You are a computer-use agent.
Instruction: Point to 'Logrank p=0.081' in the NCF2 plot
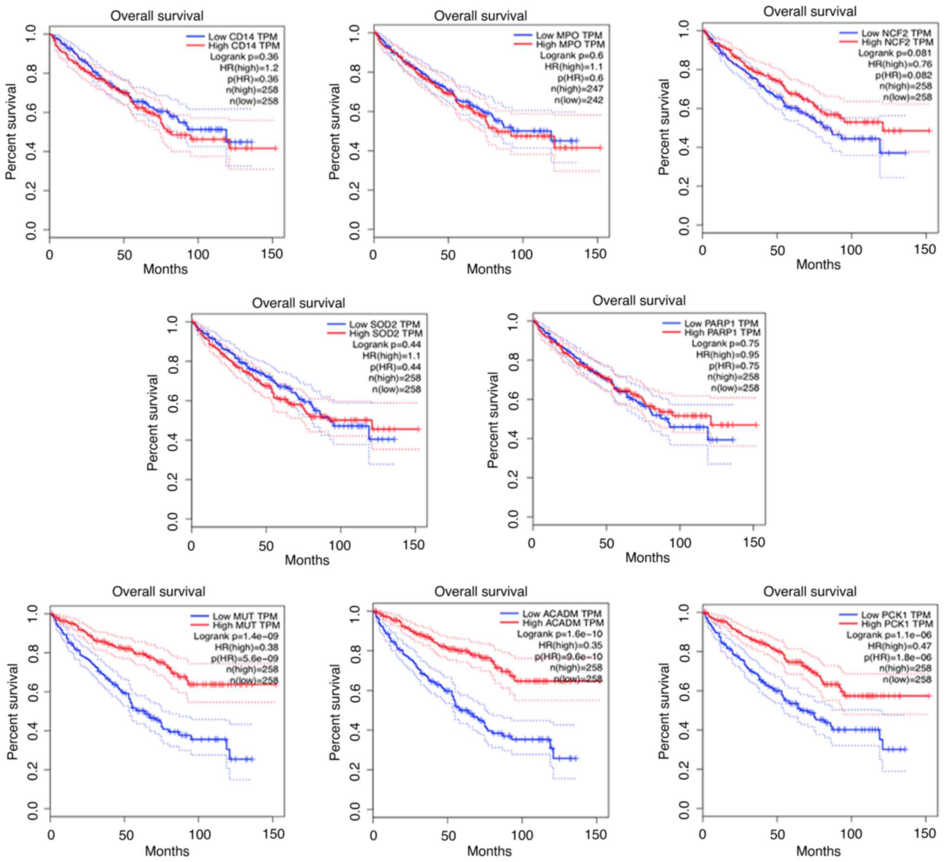(895, 53)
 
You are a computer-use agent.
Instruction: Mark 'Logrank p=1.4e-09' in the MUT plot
(236, 637)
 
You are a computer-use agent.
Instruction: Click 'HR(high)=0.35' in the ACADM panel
(571, 645)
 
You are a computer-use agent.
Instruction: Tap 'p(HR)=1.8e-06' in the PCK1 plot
(897, 657)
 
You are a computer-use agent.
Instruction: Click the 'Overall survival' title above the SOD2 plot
(299, 303)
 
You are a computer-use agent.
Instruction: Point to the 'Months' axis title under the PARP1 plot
(647, 557)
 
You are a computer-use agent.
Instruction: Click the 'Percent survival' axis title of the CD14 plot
(11, 132)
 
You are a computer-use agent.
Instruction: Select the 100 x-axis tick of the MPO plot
(521, 255)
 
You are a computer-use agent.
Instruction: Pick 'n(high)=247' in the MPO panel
(577, 89)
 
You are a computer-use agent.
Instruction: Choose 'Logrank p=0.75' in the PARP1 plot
(725, 344)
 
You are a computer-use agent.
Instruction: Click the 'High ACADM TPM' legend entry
(563, 623)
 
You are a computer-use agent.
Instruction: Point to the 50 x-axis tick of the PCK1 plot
(777, 835)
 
